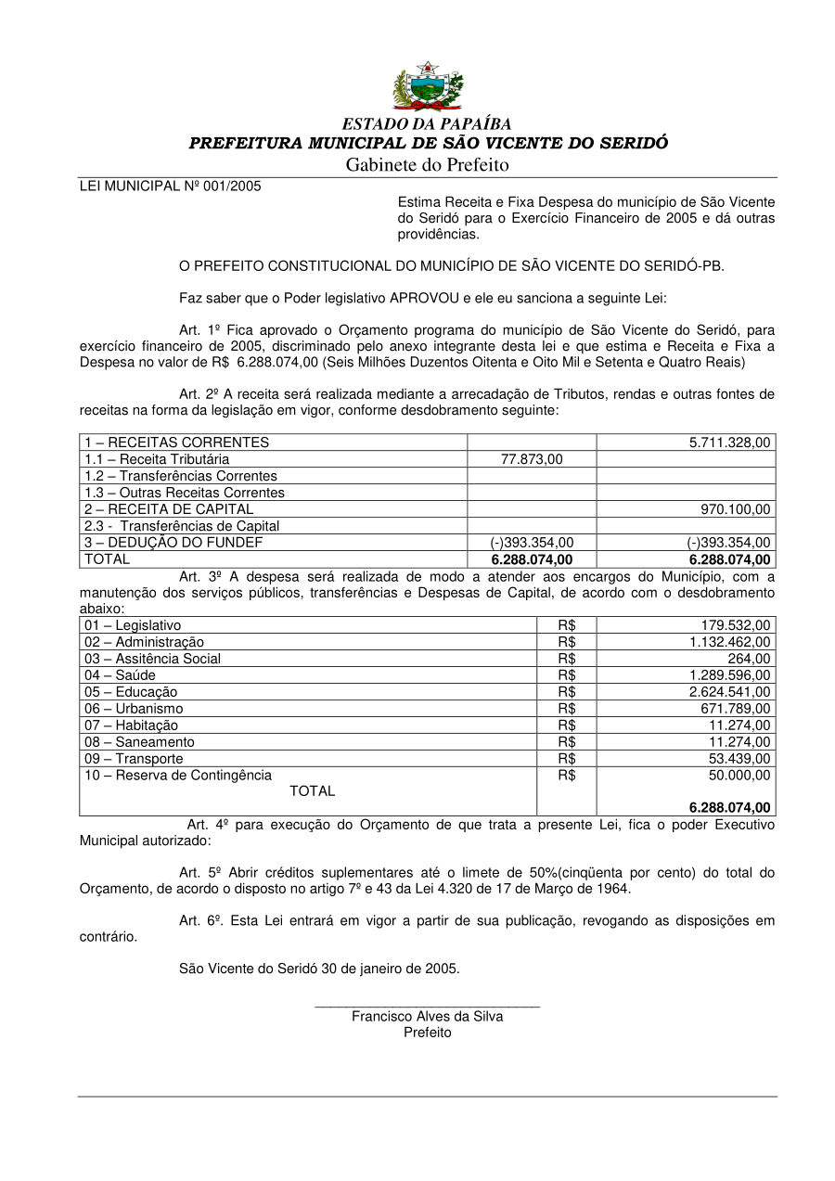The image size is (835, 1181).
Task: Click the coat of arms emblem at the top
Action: pyautogui.click(x=427, y=86)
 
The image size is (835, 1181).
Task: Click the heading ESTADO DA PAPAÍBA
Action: pyautogui.click(x=427, y=123)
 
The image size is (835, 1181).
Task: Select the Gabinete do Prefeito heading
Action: pyautogui.click(x=428, y=165)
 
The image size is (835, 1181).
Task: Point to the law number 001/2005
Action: pyautogui.click(x=232, y=186)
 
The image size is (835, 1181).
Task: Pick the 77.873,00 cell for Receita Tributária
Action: pyautogui.click(x=532, y=459)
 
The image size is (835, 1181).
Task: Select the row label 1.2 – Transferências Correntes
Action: pyautogui.click(x=181, y=476)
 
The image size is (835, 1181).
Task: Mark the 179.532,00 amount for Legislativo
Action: pyautogui.click(x=737, y=626)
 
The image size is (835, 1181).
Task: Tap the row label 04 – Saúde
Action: pyautogui.click(x=120, y=675)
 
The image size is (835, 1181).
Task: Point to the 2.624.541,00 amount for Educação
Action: pyautogui.click(x=729, y=692)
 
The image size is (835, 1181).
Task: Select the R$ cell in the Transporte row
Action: pyautogui.click(x=567, y=759)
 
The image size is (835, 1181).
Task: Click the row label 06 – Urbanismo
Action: pyautogui.click(x=134, y=709)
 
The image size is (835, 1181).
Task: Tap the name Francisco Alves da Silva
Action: pyautogui.click(x=427, y=1016)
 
